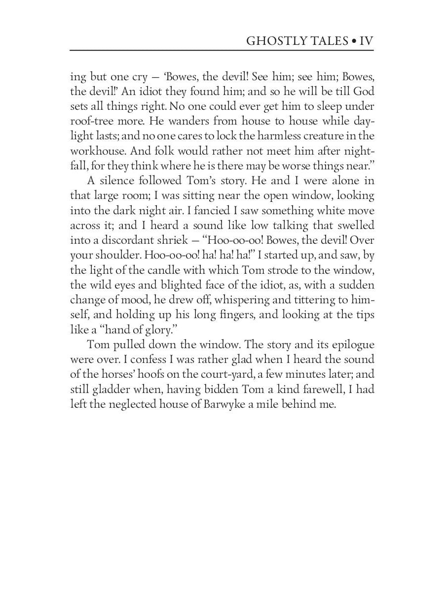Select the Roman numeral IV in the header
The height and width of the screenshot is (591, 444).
pos(366,41)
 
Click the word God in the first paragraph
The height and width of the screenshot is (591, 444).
pos(364,92)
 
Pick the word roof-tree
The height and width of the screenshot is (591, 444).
pos(90,121)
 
